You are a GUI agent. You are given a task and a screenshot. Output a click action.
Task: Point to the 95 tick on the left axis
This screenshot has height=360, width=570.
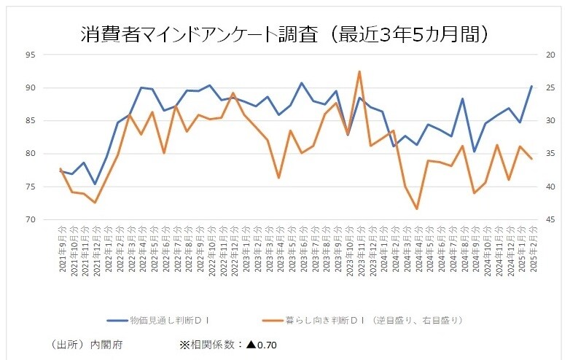[31, 55]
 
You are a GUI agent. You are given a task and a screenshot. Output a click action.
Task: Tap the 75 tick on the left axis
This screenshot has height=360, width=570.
[31, 187]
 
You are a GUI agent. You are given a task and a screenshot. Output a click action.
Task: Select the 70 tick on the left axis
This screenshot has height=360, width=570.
[31, 219]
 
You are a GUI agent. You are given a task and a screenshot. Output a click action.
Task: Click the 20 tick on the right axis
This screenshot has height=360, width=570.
[550, 55]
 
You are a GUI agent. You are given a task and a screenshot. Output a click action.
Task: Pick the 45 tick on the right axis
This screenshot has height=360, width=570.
[550, 219]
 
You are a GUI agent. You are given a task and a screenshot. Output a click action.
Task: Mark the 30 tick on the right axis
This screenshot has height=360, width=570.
[550, 120]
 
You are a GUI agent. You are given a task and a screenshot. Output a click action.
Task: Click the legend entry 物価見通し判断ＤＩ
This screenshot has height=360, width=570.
[161, 320]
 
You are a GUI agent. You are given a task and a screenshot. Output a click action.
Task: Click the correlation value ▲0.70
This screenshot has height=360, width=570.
[261, 345]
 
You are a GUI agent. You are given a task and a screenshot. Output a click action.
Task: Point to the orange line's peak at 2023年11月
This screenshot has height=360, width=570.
[359, 71]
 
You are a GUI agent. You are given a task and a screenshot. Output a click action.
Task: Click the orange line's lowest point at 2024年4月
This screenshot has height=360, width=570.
[417, 209]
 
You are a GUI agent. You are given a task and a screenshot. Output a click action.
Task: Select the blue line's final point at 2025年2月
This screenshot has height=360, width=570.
[531, 86]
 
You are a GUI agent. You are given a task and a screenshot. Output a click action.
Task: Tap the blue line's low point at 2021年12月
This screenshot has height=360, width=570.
[95, 184]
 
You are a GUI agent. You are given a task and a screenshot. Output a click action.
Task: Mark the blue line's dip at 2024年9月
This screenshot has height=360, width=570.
[475, 152]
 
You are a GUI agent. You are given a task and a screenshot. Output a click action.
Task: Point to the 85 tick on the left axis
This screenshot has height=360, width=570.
[31, 120]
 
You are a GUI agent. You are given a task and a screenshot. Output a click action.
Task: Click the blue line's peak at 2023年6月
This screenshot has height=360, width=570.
[302, 83]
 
